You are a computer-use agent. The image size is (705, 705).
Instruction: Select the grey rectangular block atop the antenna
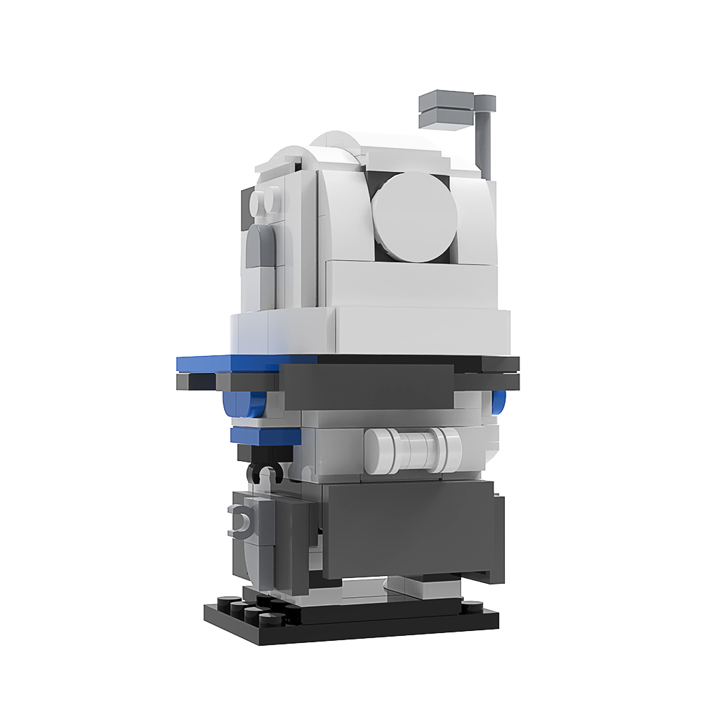tap(448, 109)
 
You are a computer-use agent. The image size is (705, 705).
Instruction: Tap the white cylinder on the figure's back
tap(412, 449)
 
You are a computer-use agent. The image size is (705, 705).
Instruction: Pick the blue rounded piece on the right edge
tap(500, 402)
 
